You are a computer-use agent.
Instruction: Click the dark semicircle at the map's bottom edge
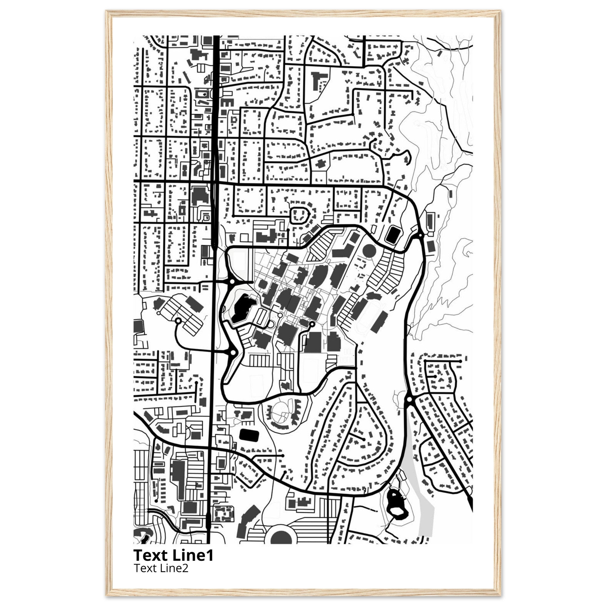(281, 537)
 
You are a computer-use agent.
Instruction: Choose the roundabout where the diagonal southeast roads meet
(409, 399)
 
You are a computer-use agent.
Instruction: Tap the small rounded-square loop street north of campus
(300, 215)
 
